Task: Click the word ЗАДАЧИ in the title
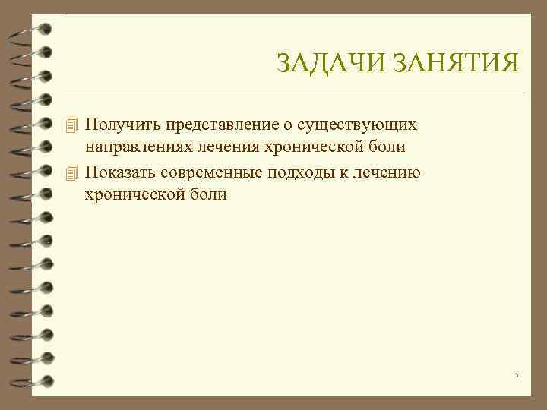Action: pos(331,63)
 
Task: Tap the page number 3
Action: pos(516,374)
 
